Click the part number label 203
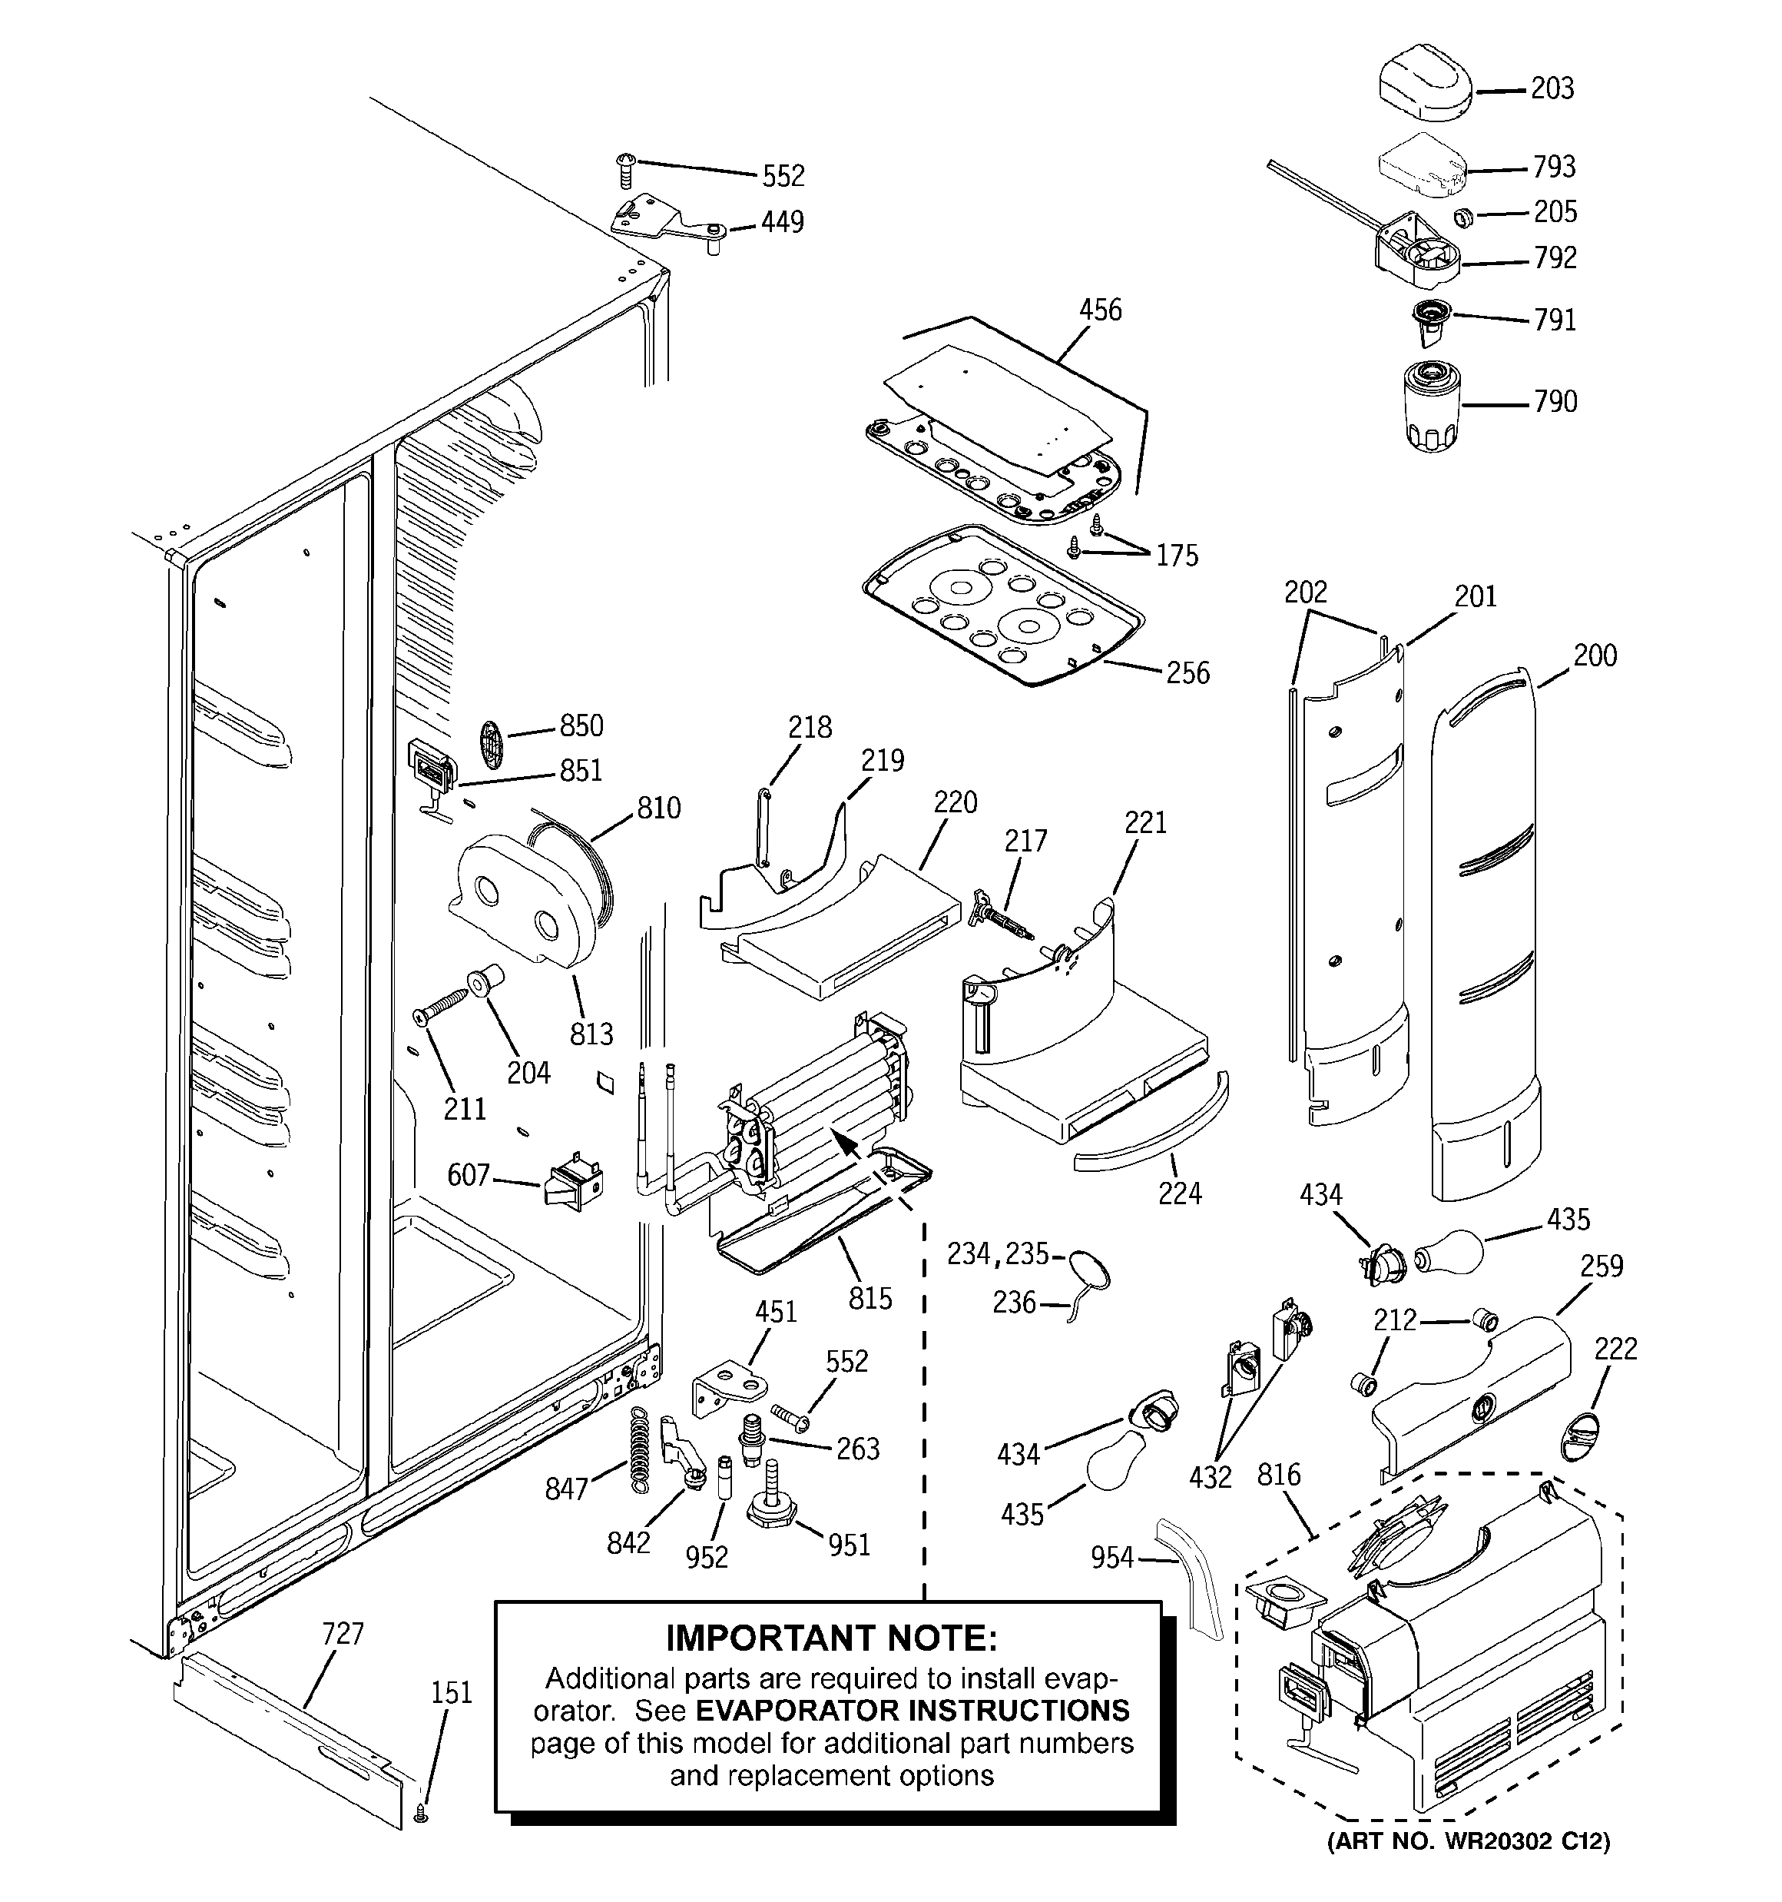click(1552, 89)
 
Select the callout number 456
click(1100, 310)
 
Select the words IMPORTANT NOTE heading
click(830, 1638)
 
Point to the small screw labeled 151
click(422, 1813)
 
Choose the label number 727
click(343, 1633)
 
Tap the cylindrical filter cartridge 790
click(1432, 406)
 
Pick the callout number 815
click(869, 1298)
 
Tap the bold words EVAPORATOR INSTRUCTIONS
click(912, 1711)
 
